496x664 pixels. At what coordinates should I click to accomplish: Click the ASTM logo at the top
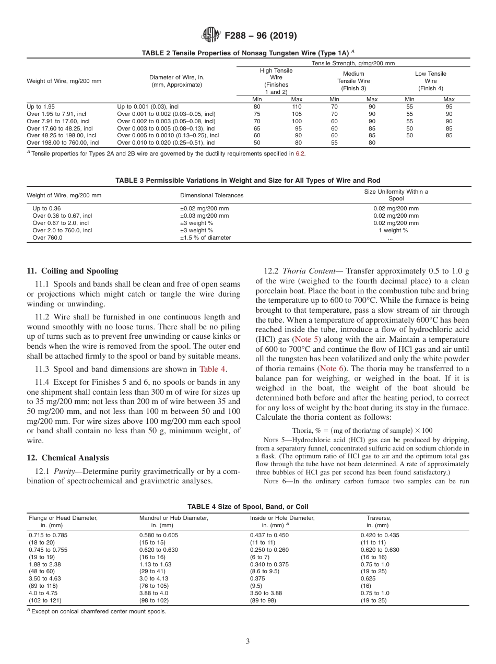point(211,35)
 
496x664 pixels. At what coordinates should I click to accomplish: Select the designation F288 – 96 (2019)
point(260,36)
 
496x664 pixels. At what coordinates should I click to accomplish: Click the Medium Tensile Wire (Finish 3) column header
point(353,81)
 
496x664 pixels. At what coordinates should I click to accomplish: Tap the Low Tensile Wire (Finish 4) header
point(430,81)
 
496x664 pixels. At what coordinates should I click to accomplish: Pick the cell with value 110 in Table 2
point(297,106)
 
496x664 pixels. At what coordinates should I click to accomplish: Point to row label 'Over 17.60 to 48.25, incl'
point(60,128)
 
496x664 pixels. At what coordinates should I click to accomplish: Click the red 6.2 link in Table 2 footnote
point(299,153)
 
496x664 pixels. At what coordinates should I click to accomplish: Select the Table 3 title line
point(248,180)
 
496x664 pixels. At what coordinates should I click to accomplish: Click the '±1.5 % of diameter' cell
point(205,238)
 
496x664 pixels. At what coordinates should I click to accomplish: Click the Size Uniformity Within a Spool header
point(396,195)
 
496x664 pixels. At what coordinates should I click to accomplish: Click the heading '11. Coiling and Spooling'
point(72,271)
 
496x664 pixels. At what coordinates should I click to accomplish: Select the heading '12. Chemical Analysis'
point(68,458)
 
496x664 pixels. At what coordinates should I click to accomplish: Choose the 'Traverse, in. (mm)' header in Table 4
point(378,521)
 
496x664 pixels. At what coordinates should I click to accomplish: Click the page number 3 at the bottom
point(248,641)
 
